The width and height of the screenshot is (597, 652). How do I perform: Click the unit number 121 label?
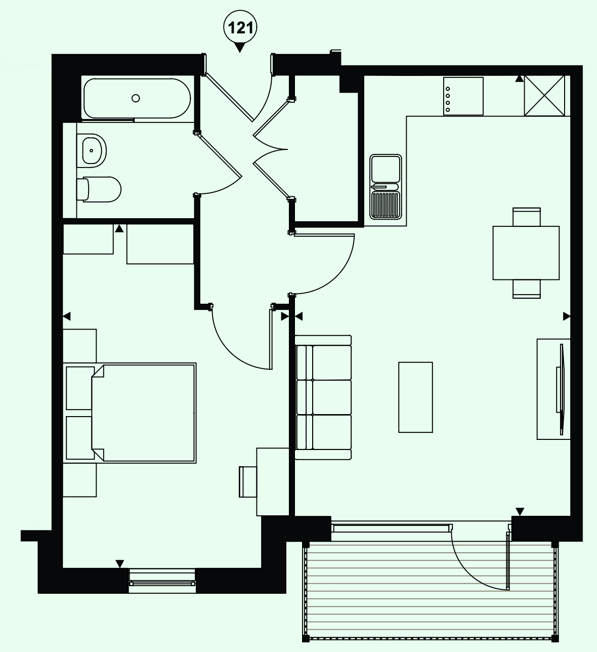point(240,28)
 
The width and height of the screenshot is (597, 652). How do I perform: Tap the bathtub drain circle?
point(136,98)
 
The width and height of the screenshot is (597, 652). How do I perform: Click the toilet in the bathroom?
point(99,189)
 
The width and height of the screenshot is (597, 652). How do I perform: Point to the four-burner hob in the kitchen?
point(463,96)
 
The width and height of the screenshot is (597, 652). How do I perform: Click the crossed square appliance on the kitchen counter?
point(544,96)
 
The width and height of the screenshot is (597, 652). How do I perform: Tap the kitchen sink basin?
point(386,169)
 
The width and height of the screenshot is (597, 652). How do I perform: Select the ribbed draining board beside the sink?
point(386,205)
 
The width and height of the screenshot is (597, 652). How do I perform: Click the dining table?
point(526,253)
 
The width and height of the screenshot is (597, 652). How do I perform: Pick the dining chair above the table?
point(527,217)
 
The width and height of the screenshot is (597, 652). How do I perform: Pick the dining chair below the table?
point(527,289)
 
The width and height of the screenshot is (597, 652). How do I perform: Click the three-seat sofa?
point(323,397)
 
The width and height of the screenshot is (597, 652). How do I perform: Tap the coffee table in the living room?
point(415,397)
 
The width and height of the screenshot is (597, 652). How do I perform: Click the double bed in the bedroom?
point(130,413)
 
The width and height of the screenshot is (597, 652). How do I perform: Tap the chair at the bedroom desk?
point(247,482)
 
